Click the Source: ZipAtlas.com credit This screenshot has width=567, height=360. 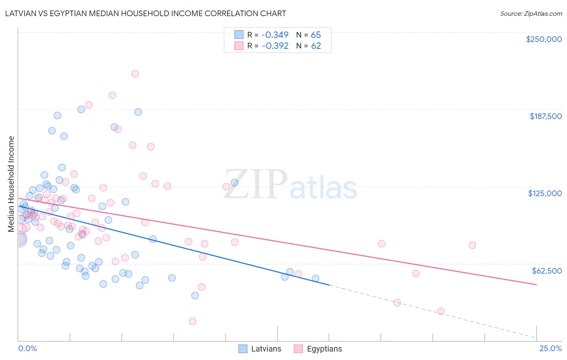(531, 13)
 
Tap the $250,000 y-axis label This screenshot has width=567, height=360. (544, 39)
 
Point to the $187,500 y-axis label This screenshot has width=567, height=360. (545, 116)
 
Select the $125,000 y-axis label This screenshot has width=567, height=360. (545, 193)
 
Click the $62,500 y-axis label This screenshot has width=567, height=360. (546, 270)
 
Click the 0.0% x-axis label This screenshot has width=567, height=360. (27, 348)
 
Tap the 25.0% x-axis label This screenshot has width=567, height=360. (550, 348)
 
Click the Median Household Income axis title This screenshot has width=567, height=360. (11, 184)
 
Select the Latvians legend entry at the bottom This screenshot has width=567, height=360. (260, 349)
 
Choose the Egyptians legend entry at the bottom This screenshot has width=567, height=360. (318, 349)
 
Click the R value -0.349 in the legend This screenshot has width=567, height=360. (275, 35)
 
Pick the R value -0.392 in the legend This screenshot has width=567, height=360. (275, 46)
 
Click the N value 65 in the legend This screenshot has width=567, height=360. (316, 35)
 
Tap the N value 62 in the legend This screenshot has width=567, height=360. (316, 46)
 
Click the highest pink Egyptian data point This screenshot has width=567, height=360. (135, 73)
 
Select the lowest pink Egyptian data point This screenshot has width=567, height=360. (192, 321)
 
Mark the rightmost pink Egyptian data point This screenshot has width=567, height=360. (472, 245)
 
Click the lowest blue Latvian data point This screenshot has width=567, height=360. (195, 295)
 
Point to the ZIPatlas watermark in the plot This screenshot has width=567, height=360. (290, 185)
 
